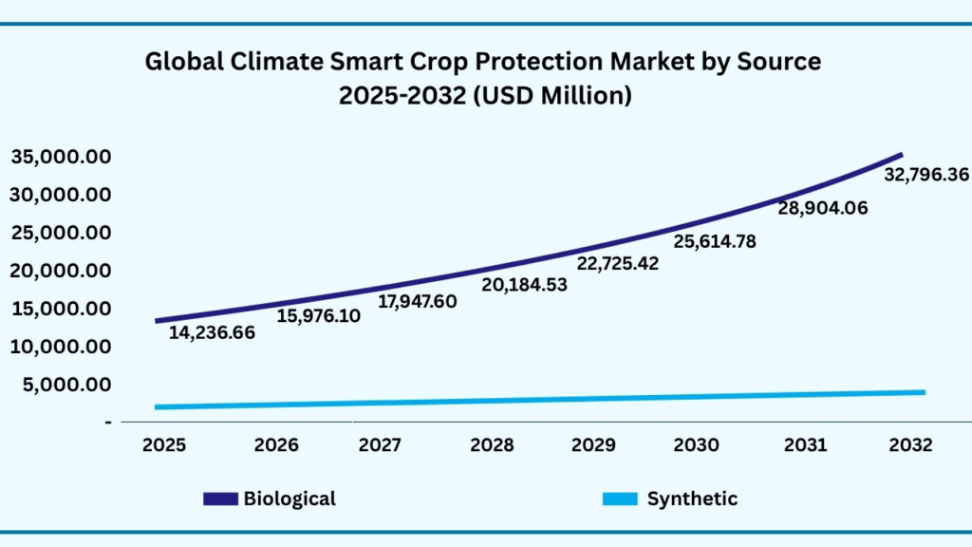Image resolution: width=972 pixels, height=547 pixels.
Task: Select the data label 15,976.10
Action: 318,316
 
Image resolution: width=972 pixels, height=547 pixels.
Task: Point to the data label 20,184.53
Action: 524,285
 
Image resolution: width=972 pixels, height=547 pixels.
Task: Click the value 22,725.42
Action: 617,263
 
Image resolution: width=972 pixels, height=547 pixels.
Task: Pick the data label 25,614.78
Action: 715,241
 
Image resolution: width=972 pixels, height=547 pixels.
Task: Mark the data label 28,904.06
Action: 823,209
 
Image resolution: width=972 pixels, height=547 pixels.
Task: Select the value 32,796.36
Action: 926,176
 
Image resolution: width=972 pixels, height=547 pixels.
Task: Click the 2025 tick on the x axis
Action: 163,444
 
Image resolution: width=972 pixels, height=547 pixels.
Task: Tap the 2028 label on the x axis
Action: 493,444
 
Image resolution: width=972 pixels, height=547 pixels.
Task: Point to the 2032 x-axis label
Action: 911,444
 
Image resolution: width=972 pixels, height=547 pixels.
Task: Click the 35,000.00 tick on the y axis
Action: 61,157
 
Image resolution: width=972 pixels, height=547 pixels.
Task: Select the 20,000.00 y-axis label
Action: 61,271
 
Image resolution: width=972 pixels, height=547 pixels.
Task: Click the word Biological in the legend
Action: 290,499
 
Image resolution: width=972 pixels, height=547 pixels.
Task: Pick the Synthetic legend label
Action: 692,499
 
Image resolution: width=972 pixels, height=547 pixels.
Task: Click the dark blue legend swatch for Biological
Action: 219,500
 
